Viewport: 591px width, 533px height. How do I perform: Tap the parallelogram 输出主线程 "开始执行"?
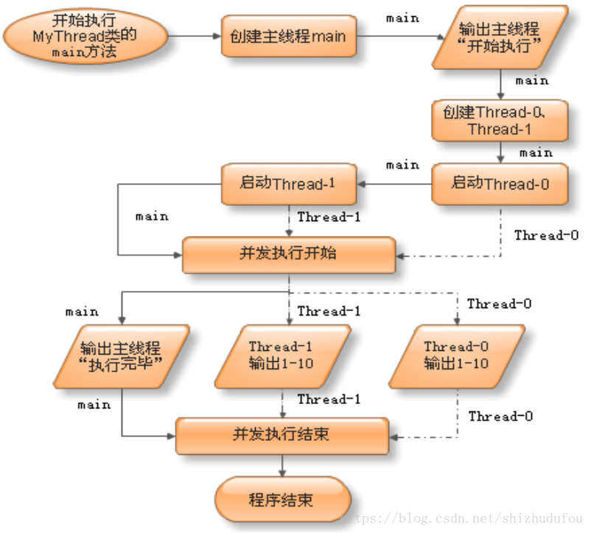[x=500, y=38]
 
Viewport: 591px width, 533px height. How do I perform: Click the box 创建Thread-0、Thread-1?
[x=500, y=121]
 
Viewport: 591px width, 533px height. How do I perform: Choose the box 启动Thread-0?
[x=500, y=184]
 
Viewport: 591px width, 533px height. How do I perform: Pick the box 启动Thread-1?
[x=289, y=184]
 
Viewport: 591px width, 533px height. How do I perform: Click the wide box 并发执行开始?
[x=288, y=254]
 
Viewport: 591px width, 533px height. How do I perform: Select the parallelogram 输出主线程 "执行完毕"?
[x=121, y=355]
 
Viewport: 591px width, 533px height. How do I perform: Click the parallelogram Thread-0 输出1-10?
[x=456, y=355]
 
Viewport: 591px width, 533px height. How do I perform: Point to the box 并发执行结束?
[x=282, y=434]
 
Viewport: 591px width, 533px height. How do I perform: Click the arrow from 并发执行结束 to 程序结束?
[x=282, y=464]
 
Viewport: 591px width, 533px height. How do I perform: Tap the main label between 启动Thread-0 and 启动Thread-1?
[x=402, y=165]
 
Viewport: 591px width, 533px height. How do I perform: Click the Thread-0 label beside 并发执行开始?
[x=546, y=236]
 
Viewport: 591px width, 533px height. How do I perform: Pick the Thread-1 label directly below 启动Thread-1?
[x=329, y=217]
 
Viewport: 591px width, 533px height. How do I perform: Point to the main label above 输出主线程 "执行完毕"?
[x=82, y=312]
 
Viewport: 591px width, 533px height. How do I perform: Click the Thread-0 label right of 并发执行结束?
[x=500, y=417]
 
